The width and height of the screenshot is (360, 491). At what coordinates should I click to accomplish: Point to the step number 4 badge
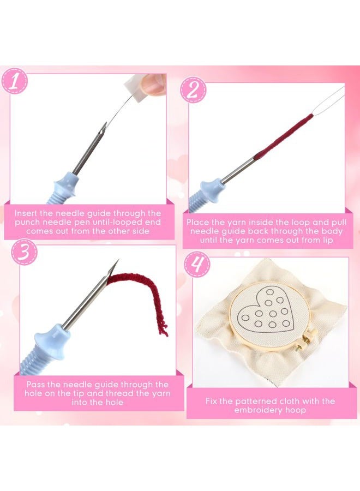coord(197,265)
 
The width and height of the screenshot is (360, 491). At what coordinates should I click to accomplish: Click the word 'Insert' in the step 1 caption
coord(26,213)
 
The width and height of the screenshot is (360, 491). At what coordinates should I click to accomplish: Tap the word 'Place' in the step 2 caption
coord(197,223)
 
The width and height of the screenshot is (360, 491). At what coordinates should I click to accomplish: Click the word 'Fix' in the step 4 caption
coord(212,401)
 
